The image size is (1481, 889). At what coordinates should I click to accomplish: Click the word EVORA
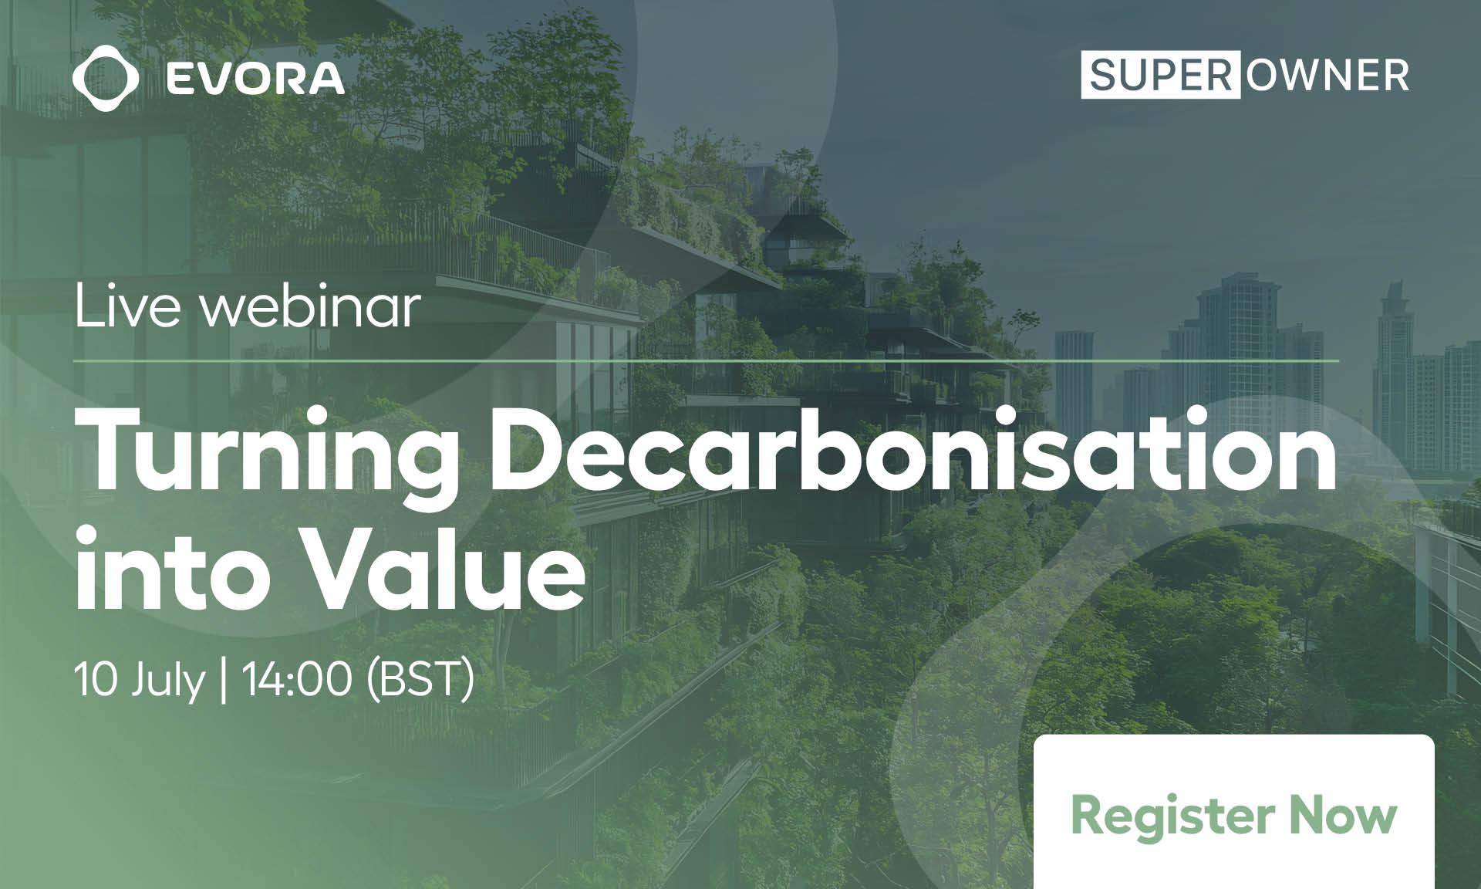(255, 79)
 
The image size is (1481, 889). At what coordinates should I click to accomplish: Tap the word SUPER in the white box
(1161, 75)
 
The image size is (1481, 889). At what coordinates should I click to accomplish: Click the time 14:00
(297, 680)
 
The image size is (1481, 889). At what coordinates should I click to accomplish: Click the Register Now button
(1234, 812)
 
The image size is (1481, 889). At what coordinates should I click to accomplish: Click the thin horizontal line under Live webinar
(707, 360)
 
